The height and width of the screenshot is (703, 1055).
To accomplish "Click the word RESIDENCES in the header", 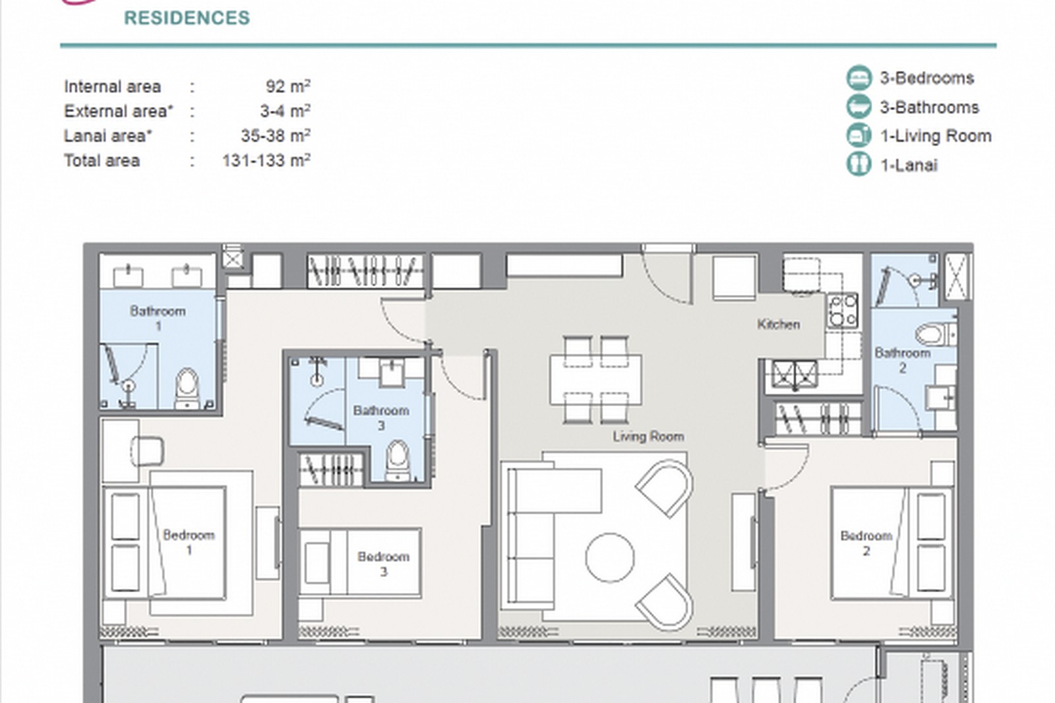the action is tap(187, 18).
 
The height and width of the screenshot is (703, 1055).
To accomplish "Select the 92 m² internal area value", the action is tap(287, 86).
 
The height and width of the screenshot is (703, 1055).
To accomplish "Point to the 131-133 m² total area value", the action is tap(266, 161).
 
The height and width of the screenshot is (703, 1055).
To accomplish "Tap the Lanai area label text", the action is tap(108, 136).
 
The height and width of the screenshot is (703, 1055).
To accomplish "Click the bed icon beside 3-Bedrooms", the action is tap(859, 78).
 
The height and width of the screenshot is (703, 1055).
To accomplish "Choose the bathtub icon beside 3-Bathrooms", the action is tap(859, 106).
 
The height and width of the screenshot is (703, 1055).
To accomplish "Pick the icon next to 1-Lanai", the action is tap(859, 164).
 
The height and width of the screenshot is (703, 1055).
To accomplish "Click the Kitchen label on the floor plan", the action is tap(778, 324).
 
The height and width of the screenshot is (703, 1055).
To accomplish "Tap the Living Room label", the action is tap(648, 437).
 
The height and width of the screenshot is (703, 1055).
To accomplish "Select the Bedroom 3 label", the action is tap(383, 564).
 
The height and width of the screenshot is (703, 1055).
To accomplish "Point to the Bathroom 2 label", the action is tap(903, 361).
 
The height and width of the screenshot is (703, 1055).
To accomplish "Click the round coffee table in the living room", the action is tap(609, 557).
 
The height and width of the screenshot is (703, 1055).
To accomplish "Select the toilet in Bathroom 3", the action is tap(398, 460).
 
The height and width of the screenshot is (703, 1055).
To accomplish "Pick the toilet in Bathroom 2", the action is tap(936, 334).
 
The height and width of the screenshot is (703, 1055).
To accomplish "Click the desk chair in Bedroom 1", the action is tap(147, 451).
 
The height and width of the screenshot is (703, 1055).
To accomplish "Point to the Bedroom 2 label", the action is tap(866, 543).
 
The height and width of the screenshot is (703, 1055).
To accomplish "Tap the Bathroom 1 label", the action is tap(158, 318).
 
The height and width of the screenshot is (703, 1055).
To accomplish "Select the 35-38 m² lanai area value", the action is tap(276, 136).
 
